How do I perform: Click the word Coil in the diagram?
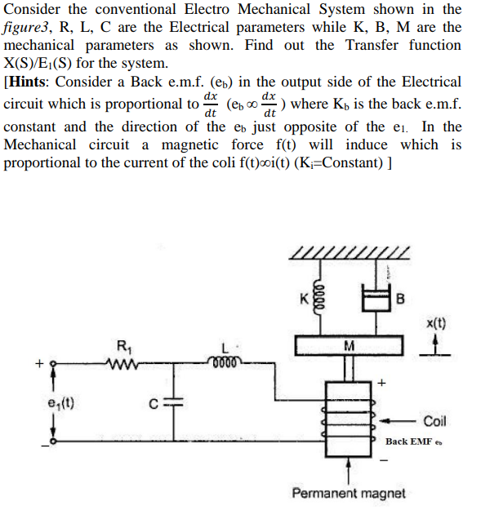tap(434, 421)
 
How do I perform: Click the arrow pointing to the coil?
tap(399, 421)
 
